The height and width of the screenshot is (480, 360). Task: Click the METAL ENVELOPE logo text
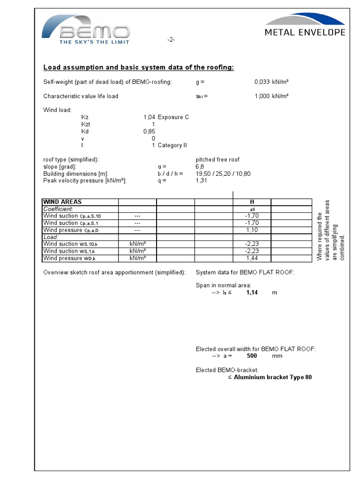305,32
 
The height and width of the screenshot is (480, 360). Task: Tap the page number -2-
171,40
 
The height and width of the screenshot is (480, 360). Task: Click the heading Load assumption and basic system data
138,67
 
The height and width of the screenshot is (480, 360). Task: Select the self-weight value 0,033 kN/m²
271,82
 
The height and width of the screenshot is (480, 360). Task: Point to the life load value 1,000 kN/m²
271,96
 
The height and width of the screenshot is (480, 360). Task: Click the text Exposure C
173,117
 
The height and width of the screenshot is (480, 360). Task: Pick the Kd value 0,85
149,131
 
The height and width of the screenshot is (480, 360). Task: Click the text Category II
172,145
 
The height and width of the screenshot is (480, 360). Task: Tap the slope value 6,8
200,166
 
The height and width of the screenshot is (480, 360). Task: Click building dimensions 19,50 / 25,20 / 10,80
223,173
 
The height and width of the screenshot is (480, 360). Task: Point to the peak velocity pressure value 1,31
201,180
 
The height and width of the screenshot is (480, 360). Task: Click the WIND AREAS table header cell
62,202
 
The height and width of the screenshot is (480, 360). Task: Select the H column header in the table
252,202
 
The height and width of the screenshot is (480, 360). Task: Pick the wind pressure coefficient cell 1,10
252,230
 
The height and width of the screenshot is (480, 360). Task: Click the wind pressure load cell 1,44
252,258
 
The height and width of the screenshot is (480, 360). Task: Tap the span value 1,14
252,292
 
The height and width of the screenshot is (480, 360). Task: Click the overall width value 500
252,356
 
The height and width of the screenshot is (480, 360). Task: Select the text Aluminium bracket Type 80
272,377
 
